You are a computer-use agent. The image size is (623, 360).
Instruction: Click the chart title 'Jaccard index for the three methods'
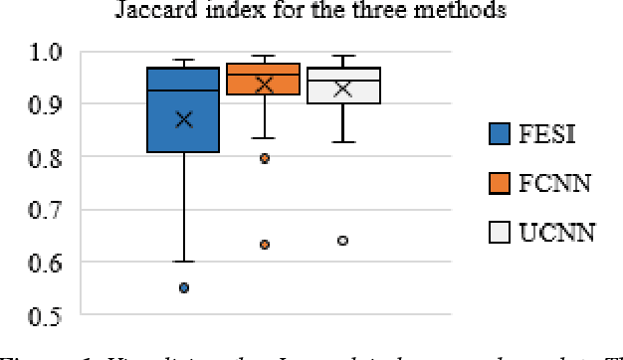[311, 12]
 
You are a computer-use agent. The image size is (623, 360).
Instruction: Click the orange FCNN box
[263, 79]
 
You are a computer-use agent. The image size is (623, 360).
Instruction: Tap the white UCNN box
[342, 85]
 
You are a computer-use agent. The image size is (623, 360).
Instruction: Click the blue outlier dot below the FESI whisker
[184, 288]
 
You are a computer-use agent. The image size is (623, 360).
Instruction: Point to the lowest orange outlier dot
[264, 245]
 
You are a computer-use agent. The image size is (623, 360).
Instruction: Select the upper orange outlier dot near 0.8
[264, 158]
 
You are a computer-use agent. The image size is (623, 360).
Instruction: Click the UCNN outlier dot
[343, 241]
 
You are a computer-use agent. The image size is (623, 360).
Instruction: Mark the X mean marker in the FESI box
[184, 119]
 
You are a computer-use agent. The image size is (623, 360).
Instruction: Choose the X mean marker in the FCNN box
[264, 86]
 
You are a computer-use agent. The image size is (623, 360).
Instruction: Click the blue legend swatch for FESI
[500, 132]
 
